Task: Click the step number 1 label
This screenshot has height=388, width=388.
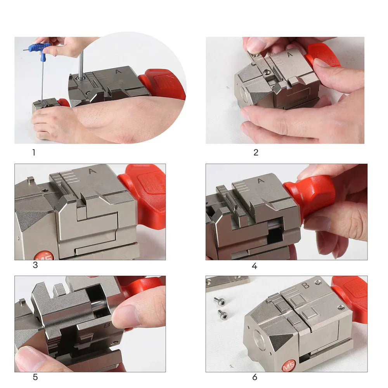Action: pyautogui.click(x=34, y=152)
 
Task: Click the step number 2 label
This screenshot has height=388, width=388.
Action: pyautogui.click(x=256, y=152)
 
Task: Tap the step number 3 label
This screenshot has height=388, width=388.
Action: pyautogui.click(x=35, y=265)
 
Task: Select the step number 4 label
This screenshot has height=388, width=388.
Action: pyautogui.click(x=255, y=266)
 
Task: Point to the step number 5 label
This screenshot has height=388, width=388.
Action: pyautogui.click(x=35, y=377)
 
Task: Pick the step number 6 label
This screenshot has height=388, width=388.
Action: pyautogui.click(x=255, y=377)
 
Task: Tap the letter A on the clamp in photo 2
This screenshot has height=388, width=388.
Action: pyautogui.click(x=290, y=54)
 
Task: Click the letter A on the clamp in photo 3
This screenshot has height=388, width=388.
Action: pyautogui.click(x=92, y=171)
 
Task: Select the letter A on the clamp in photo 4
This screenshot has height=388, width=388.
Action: pyautogui.click(x=261, y=181)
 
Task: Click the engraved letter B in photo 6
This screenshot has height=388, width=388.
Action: pyautogui.click(x=306, y=285)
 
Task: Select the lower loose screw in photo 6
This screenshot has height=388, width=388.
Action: pyautogui.click(x=223, y=314)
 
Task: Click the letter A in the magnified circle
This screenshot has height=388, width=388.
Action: pyautogui.click(x=118, y=72)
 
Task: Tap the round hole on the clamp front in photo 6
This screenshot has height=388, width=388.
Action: pyautogui.click(x=259, y=339)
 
